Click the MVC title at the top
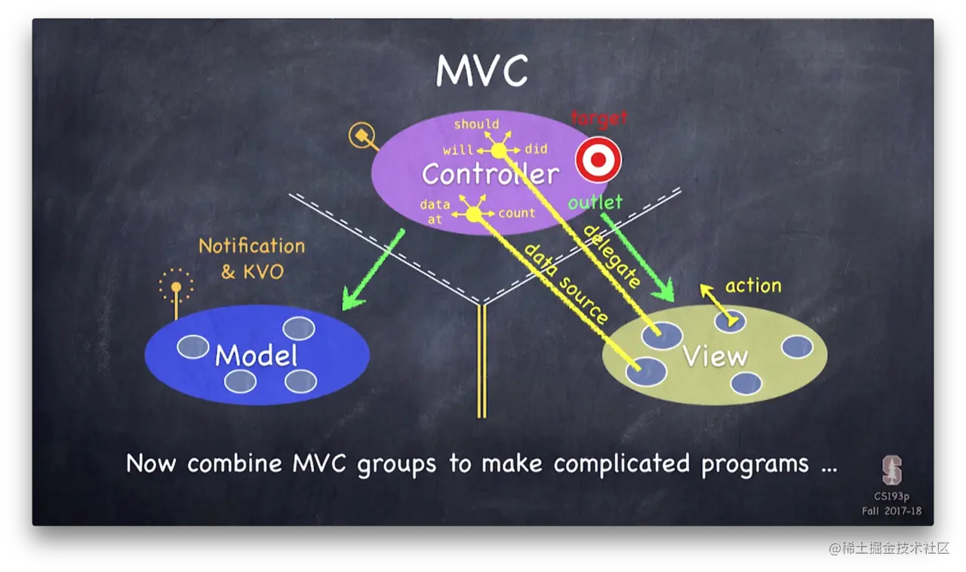(481, 72)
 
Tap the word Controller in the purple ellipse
(491, 174)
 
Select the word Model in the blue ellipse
(257, 355)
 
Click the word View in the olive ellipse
(715, 355)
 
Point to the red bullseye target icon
(598, 160)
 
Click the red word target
(598, 118)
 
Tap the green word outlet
(595, 202)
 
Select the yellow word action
(753, 285)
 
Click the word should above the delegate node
(476, 125)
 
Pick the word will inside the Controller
(458, 149)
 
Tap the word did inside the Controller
(536, 149)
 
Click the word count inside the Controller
(517, 213)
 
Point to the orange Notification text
(252, 246)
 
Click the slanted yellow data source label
(566, 283)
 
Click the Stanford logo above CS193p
(892, 470)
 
